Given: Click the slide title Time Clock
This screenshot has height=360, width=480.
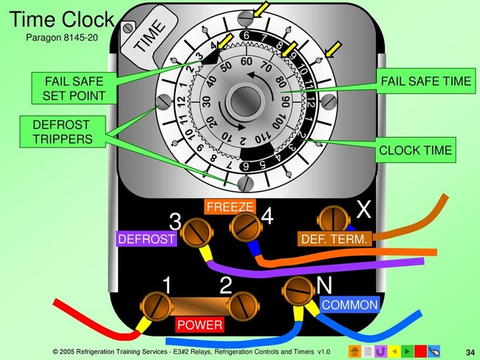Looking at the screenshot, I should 62,19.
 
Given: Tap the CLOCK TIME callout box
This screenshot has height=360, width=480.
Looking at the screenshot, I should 413,152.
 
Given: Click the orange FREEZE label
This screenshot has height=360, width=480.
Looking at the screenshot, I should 230,207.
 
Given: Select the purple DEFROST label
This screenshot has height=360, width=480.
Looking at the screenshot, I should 146,239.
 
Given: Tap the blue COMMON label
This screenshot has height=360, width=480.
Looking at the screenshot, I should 349,304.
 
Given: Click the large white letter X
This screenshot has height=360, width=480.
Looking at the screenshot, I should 363,210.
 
